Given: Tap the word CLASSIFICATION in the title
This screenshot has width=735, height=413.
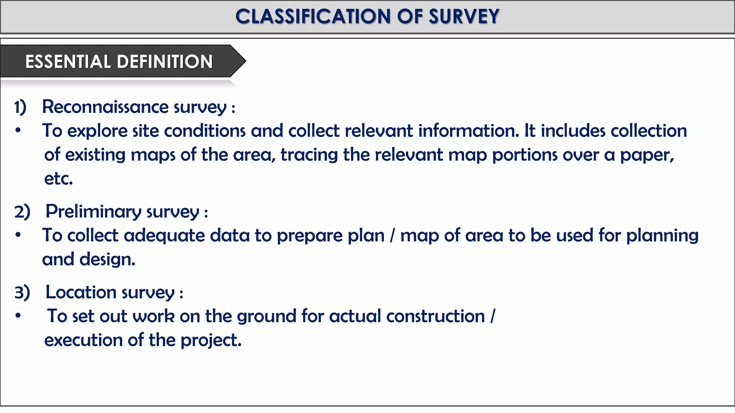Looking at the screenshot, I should pyautogui.click(x=313, y=16).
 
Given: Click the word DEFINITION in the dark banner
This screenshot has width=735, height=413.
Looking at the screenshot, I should pyautogui.click(x=165, y=62).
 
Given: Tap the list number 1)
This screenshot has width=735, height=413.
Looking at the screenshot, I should pyautogui.click(x=20, y=107).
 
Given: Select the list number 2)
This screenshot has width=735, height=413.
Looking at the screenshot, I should pyautogui.click(x=22, y=212).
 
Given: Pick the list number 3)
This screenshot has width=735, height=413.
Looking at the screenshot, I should pyautogui.click(x=22, y=293).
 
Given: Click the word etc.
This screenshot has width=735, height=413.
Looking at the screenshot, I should pyautogui.click(x=58, y=179).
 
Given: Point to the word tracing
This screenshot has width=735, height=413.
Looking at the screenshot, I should pyautogui.click(x=309, y=155).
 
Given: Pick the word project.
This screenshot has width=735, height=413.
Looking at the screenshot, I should pyautogui.click(x=211, y=340).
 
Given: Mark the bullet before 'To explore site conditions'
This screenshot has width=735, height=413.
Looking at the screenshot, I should pyautogui.click(x=18, y=130).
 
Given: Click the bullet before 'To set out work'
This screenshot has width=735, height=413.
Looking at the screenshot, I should pyautogui.click(x=18, y=316).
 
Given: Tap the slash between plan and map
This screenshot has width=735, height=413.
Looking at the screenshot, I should pyautogui.click(x=392, y=236).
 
